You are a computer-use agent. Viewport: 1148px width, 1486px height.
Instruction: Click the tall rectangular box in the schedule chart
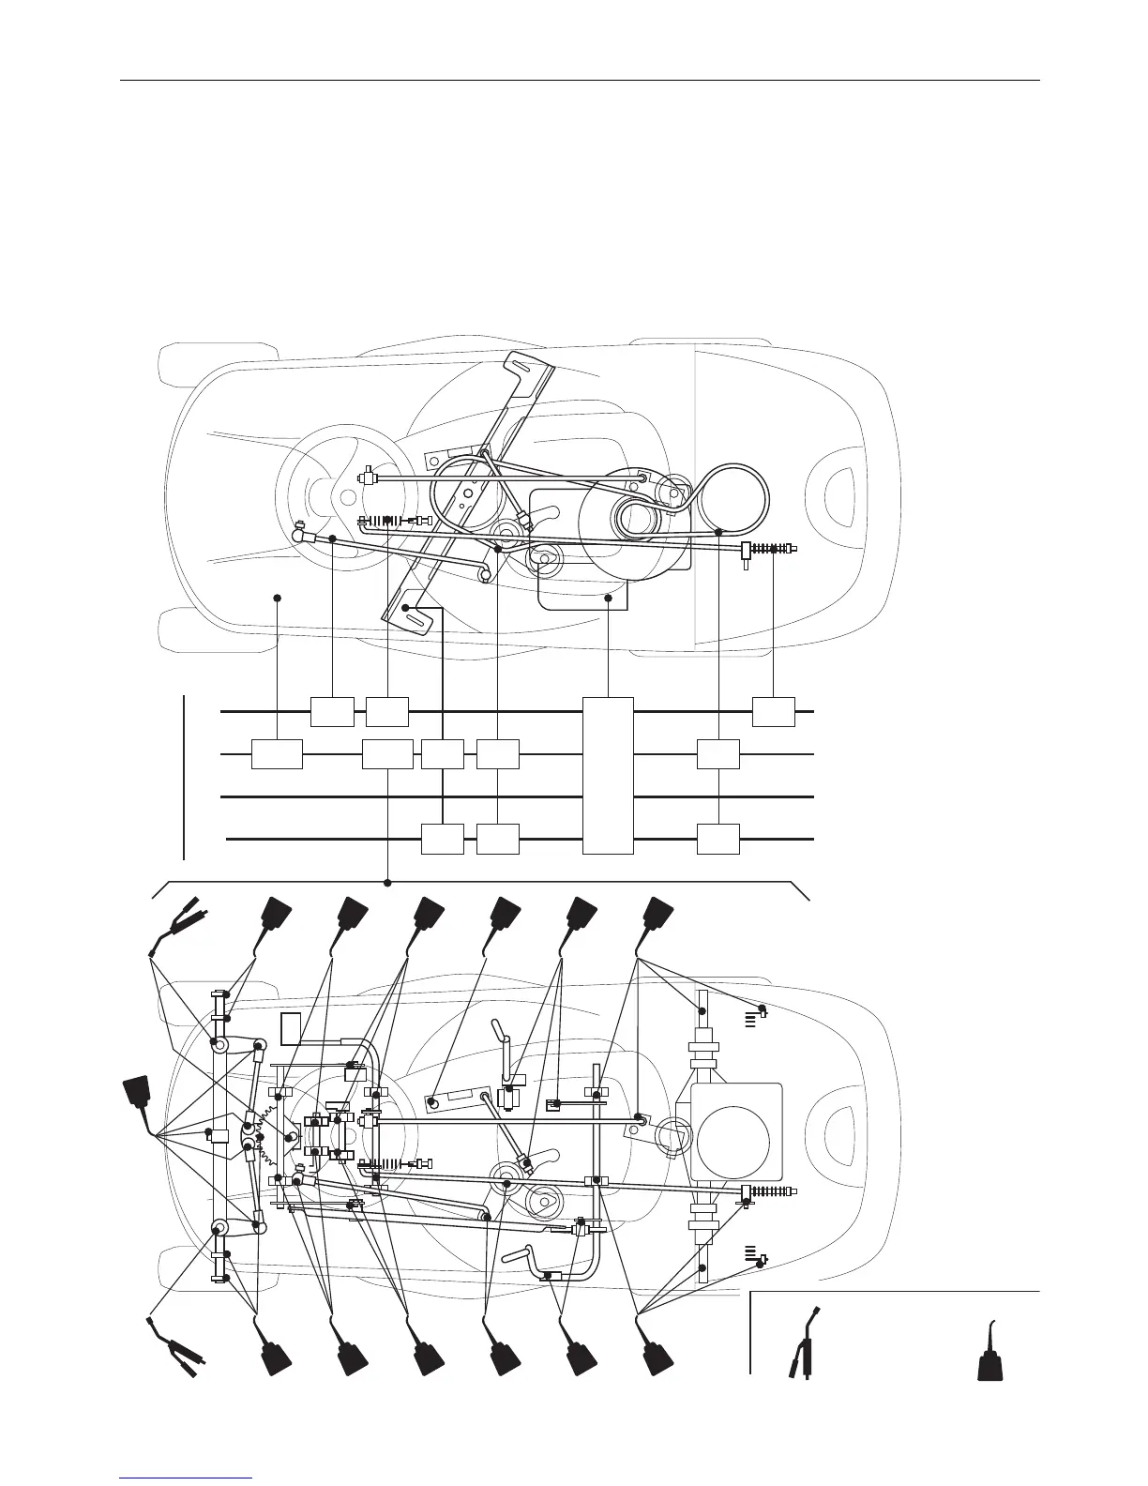point(608,775)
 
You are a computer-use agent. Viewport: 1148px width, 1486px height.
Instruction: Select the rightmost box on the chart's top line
point(774,712)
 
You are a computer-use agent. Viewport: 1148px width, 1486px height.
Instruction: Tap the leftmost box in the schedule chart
point(277,753)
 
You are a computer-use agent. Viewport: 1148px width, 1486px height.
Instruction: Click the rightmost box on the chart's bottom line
point(718,838)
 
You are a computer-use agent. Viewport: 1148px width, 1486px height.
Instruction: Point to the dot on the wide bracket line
point(387,882)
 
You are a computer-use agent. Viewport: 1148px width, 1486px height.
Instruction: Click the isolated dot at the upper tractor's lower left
point(278,597)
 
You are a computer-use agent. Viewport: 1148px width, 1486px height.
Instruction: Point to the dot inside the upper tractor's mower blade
point(405,608)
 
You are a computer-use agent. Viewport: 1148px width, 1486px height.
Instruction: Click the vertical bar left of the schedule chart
point(185,776)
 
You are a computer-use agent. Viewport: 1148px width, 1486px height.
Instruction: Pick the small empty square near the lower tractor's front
point(291,1028)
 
